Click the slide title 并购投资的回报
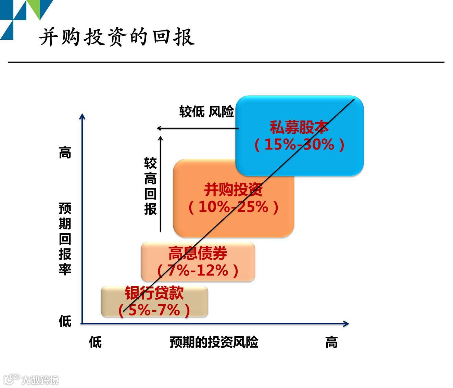(117, 37)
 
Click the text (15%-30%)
(299, 144)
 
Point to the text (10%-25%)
(234, 207)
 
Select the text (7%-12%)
(198, 270)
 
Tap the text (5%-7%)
(154, 310)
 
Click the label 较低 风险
(206, 112)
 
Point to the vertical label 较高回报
(150, 186)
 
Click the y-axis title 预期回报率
(65, 239)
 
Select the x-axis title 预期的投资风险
(214, 342)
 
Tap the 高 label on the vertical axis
(65, 153)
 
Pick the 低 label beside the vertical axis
(65, 321)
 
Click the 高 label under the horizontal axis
(331, 342)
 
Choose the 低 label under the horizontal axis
(95, 342)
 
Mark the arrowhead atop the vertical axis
(82, 117)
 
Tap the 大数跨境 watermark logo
(31, 380)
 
